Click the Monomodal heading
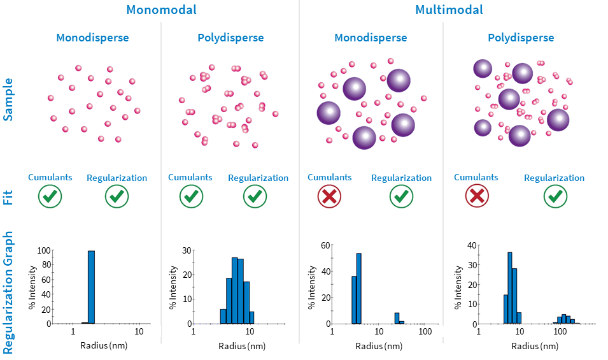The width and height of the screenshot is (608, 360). pos(161,10)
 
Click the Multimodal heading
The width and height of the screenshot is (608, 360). pos(449,10)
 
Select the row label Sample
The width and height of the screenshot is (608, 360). pos(8,98)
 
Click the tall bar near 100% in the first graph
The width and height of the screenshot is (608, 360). pos(91,287)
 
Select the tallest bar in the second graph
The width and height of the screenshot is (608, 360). pos(234,291)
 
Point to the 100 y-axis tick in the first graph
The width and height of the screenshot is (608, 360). pos(43,250)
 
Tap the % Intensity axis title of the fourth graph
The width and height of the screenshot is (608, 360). pos(460,284)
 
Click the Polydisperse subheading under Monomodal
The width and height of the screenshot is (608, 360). pos(230,38)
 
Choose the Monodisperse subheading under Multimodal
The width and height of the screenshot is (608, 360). pos(371,38)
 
